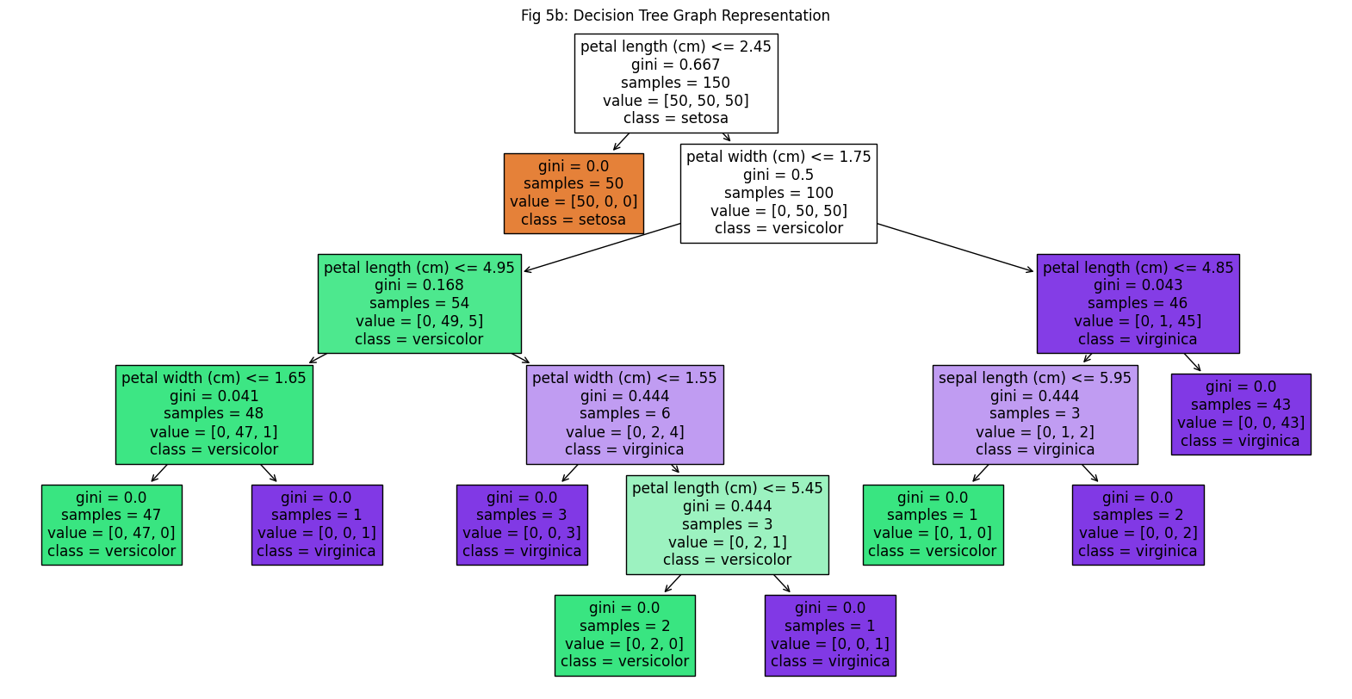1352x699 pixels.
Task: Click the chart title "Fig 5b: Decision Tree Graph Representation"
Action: [x=675, y=15]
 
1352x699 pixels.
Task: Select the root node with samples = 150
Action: [x=676, y=84]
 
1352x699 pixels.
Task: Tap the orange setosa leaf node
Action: [x=574, y=193]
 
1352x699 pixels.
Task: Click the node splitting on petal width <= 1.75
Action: [x=778, y=193]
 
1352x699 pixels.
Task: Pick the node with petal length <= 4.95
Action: [x=419, y=303]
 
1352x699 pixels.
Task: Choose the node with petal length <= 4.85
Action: [x=1138, y=303]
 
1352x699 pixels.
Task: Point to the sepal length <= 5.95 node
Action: [x=1035, y=414]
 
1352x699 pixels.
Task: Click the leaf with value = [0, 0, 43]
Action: [x=1241, y=414]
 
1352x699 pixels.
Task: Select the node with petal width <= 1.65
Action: [x=214, y=414]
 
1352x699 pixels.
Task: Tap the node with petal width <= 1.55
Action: [x=624, y=414]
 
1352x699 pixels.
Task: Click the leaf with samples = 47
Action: [x=112, y=525]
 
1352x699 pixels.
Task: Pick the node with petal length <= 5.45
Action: [x=728, y=525]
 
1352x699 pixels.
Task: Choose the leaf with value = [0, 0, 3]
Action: [x=522, y=525]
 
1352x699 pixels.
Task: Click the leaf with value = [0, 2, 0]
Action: [x=624, y=635]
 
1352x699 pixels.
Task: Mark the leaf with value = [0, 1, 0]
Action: [x=933, y=525]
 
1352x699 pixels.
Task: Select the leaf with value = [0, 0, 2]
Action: [x=1138, y=525]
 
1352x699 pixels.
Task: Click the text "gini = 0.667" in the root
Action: [x=676, y=65]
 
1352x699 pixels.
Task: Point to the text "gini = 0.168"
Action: [x=419, y=285]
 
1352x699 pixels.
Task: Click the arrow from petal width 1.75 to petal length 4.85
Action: [x=956, y=247]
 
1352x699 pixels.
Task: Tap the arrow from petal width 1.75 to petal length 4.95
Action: [x=602, y=247]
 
